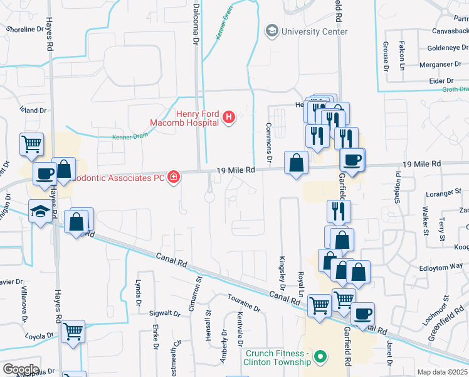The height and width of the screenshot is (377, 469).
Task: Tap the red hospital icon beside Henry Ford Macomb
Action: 229,117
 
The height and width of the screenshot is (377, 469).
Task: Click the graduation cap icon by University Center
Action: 272,30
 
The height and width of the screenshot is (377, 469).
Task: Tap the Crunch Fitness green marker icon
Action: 321,358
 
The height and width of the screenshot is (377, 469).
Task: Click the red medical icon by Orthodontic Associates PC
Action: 174,178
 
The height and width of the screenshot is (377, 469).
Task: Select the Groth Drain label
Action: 456,90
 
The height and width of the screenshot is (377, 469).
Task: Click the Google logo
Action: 21,369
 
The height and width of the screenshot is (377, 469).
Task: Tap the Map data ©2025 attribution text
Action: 441,372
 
